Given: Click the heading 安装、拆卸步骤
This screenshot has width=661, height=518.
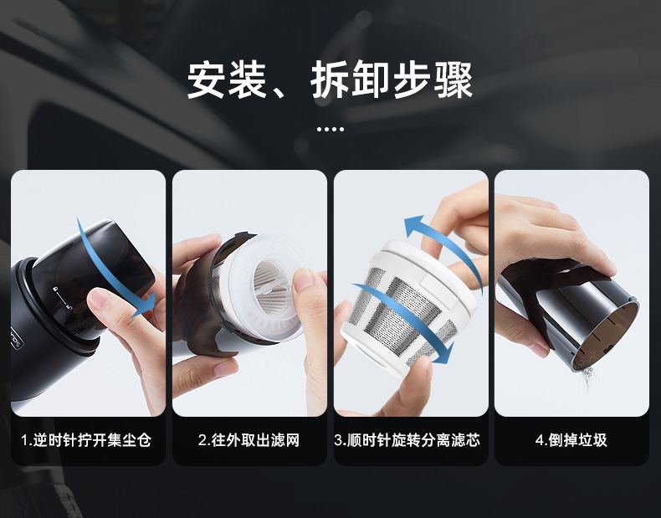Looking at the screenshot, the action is tap(330, 80).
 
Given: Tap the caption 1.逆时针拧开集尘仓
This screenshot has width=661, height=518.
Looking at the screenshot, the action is tap(86, 440).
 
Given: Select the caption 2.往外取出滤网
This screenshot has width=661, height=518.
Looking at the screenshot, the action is tap(249, 440).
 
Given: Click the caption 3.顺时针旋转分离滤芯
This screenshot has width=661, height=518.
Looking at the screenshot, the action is tap(407, 440).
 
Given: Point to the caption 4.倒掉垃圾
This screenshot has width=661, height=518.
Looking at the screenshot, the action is tap(571, 440).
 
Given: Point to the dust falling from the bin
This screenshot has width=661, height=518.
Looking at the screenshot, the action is tap(589, 377).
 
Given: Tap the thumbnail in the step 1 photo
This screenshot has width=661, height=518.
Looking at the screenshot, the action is tap(101, 301).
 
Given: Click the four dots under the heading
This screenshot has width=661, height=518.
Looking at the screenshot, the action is tap(330, 129).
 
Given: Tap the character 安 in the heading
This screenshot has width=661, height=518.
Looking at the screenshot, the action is tap(206, 80).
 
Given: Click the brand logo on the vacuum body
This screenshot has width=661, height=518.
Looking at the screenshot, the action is tap(17, 337).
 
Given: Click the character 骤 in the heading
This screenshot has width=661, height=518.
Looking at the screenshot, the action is tap(454, 80).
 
